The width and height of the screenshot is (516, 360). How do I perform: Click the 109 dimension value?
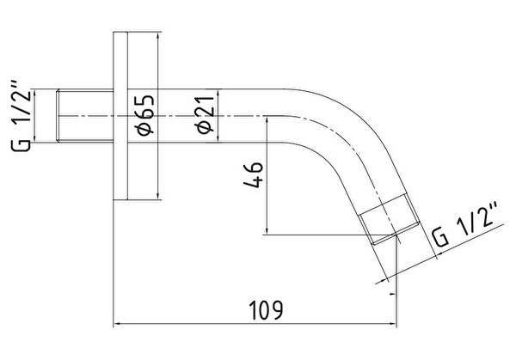(266, 310)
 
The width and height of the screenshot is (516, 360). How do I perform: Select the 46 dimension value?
(254, 174)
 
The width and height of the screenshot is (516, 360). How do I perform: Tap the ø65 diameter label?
(145, 115)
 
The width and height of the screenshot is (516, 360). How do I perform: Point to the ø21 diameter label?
(206, 115)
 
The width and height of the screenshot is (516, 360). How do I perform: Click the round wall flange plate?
(120, 116)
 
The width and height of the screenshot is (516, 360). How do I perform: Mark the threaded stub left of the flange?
(85, 116)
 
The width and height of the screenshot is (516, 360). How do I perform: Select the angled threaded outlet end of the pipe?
(389, 219)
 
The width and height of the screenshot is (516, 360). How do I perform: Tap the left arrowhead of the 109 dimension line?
(117, 324)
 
